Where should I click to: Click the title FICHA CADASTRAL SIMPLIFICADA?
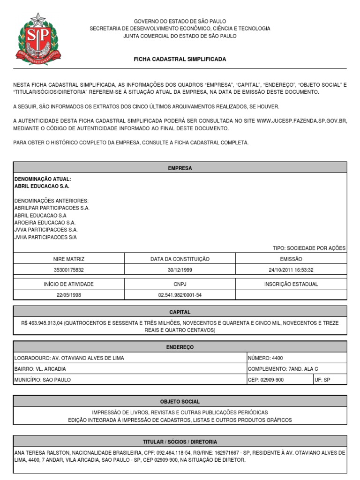click(180, 60)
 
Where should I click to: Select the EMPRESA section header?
click(180, 168)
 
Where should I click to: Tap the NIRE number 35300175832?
click(69, 270)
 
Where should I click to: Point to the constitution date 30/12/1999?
click(180, 270)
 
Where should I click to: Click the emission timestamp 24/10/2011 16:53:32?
click(291, 270)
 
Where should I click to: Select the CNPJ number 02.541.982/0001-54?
click(180, 295)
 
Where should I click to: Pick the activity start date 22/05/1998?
click(69, 295)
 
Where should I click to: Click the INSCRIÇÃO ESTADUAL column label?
click(291, 284)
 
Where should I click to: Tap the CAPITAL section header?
click(180, 312)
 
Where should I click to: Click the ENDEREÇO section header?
click(180, 347)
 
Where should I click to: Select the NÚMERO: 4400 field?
click(265, 358)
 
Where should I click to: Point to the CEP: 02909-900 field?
click(265, 380)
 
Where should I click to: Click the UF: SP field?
click(323, 380)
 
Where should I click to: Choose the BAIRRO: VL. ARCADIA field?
click(40, 369)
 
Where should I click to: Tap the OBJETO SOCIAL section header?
click(180, 402)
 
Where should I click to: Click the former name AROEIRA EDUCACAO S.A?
click(45, 223)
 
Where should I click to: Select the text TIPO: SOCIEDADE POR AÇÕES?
click(308, 248)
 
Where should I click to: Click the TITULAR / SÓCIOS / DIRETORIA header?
click(180, 442)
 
